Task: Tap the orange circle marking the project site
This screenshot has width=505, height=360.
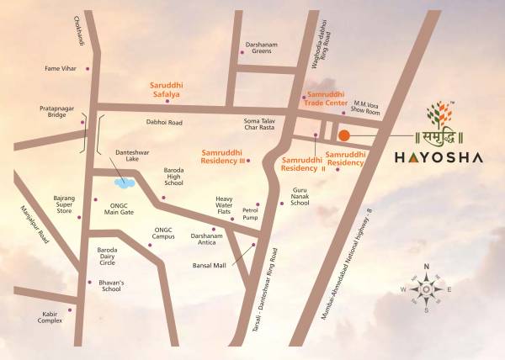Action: tap(343, 135)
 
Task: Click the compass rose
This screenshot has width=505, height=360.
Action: tap(426, 289)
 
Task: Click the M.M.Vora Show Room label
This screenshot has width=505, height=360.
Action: tap(366, 107)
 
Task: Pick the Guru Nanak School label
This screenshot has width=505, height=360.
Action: tap(300, 197)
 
